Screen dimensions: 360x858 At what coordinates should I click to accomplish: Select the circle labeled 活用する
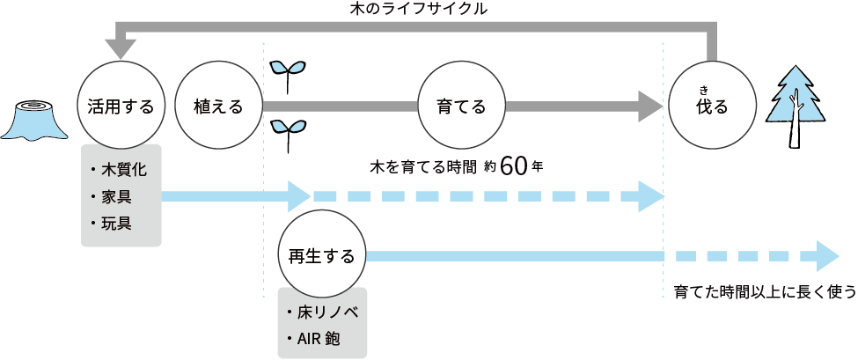click(121, 107)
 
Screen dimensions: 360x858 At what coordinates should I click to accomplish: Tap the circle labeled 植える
click(218, 107)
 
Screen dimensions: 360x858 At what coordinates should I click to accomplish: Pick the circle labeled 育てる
click(461, 107)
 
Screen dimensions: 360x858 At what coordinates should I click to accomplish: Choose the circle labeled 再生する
click(321, 256)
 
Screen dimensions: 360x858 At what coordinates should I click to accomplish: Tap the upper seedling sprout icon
click(287, 75)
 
